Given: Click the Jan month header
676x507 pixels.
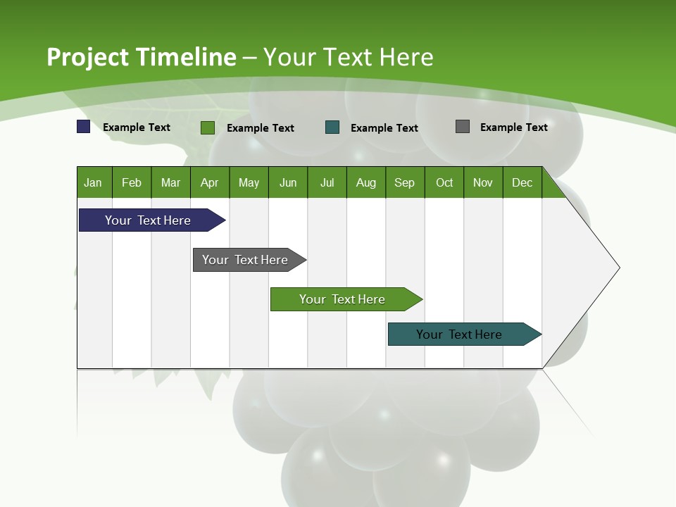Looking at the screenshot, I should (x=94, y=182).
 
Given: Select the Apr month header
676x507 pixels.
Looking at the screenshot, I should (x=210, y=182).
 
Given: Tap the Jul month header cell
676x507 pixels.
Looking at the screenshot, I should (x=327, y=182).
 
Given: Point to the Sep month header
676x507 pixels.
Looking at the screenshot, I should (x=405, y=182).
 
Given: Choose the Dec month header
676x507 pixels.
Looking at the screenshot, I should (x=522, y=182).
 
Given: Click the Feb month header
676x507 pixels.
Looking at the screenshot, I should (x=132, y=182).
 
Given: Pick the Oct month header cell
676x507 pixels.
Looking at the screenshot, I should (x=444, y=182).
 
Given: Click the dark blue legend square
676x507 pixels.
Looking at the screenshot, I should (x=83, y=127).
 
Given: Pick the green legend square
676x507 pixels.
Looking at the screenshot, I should (x=208, y=127).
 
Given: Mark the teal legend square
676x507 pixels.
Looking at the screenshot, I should (x=332, y=127).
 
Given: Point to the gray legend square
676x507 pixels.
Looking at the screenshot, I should (x=463, y=127).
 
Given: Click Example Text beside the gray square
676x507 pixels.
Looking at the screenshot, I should (x=513, y=127).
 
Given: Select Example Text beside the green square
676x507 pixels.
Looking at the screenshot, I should (x=260, y=127).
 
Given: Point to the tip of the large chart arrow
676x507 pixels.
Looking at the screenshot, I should (x=618, y=267).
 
